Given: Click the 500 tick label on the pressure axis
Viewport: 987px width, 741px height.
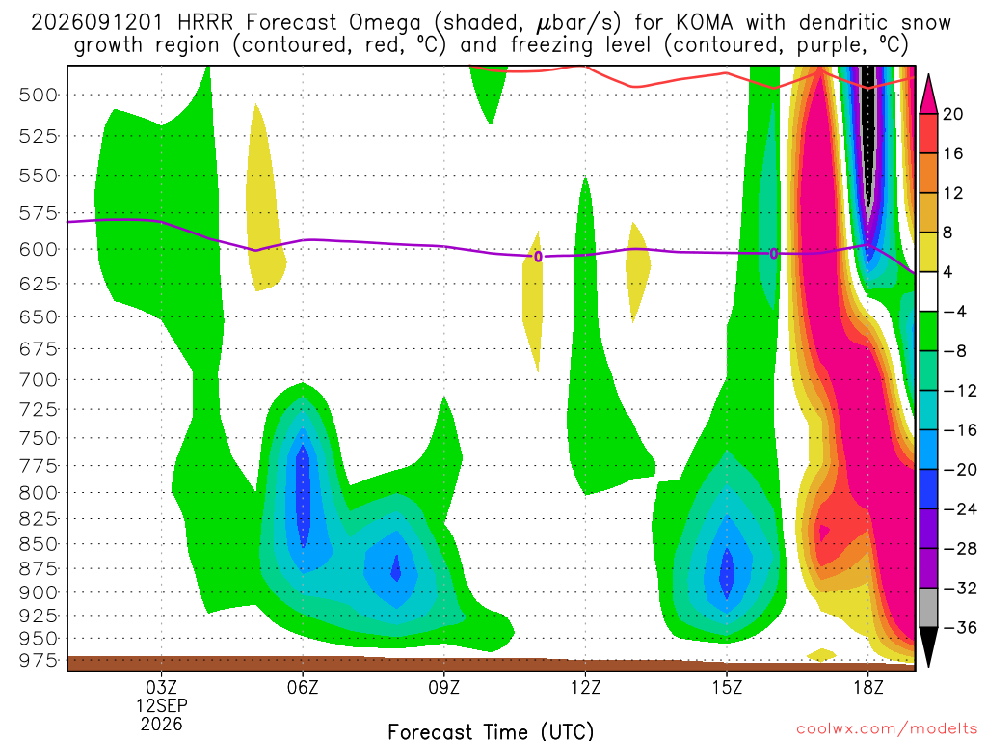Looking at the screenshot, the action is (39, 96).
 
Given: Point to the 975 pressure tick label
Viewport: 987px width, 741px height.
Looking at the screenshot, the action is (39, 660).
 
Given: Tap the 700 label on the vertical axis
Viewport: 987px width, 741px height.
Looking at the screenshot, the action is (39, 380).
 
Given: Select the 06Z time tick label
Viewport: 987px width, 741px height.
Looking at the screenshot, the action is (303, 687).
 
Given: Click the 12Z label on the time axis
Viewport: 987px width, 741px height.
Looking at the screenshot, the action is (585, 687).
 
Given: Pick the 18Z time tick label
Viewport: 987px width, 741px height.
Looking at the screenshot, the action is (868, 687).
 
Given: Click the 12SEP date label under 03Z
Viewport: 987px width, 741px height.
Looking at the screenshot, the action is (162, 705).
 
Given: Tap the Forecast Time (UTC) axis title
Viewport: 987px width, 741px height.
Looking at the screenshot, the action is (491, 731).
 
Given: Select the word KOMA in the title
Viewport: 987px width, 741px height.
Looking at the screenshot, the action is (705, 23).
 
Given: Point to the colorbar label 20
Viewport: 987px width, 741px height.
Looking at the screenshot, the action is (952, 114).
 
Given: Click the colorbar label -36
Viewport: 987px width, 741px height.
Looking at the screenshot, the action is (959, 627).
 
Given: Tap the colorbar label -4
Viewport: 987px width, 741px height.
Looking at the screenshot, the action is (954, 312).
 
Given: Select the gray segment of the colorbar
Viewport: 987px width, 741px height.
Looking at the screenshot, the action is (928, 608).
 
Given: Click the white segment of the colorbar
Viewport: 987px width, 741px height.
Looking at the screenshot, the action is (928, 291).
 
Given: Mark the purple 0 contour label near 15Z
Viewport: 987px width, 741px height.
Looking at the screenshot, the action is (774, 254).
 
